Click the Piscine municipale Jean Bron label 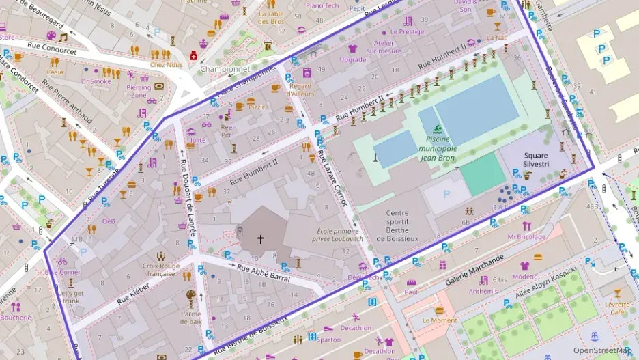(438, 148)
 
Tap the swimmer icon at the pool (436, 130)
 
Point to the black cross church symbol (260, 239)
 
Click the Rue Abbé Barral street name (263, 274)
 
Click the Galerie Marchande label (474, 271)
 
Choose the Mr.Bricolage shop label (526, 237)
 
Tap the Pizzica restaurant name (258, 107)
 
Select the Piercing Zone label (139, 92)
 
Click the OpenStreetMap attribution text (601, 351)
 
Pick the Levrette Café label (617, 308)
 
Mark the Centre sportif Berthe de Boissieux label (397, 225)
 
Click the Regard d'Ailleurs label (301, 89)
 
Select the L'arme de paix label (190, 317)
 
